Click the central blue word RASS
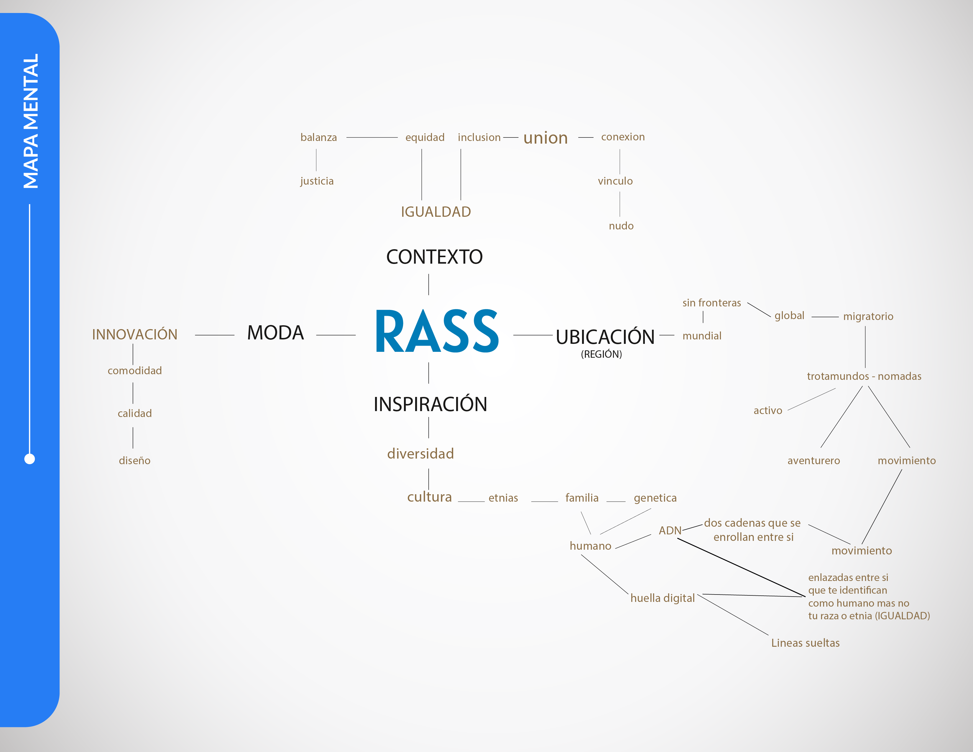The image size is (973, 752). [437, 331]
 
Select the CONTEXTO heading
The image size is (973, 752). [434, 257]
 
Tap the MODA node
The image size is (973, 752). [275, 333]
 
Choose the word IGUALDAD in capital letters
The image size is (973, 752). [436, 212]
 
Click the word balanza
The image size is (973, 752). [318, 137]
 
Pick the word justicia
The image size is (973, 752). [317, 181]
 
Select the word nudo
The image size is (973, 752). [621, 226]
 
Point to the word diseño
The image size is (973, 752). [134, 460]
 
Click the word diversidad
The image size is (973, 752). [420, 454]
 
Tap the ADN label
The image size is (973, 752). [670, 531]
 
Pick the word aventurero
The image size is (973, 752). [813, 461]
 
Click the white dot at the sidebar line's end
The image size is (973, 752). [29, 459]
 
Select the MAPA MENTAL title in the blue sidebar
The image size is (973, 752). [31, 121]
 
